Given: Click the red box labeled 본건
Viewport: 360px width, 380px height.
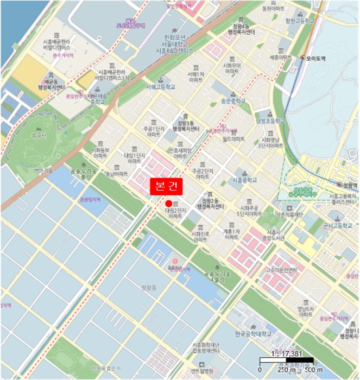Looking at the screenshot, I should pos(167,185).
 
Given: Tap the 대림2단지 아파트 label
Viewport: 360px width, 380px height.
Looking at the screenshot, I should pos(175,212).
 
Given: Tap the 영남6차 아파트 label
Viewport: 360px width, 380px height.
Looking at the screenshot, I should pos(305,312).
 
